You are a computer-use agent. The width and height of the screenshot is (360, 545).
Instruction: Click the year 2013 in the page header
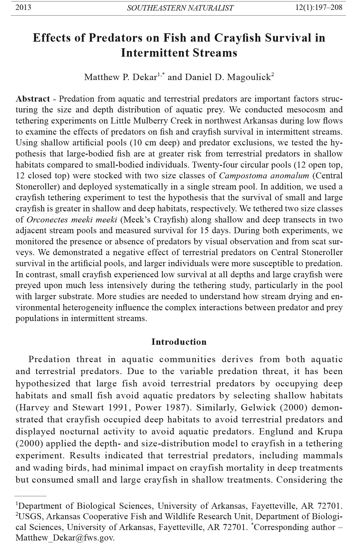point(23,7)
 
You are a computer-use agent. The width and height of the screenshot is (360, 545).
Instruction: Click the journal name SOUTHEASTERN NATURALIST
point(180,8)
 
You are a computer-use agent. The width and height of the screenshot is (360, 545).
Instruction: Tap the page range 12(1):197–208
point(319,7)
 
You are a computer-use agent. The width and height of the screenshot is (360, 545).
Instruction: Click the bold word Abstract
point(33,99)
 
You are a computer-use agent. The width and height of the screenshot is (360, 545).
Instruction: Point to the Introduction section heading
point(179,342)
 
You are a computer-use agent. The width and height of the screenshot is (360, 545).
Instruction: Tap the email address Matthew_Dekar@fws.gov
point(65,538)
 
